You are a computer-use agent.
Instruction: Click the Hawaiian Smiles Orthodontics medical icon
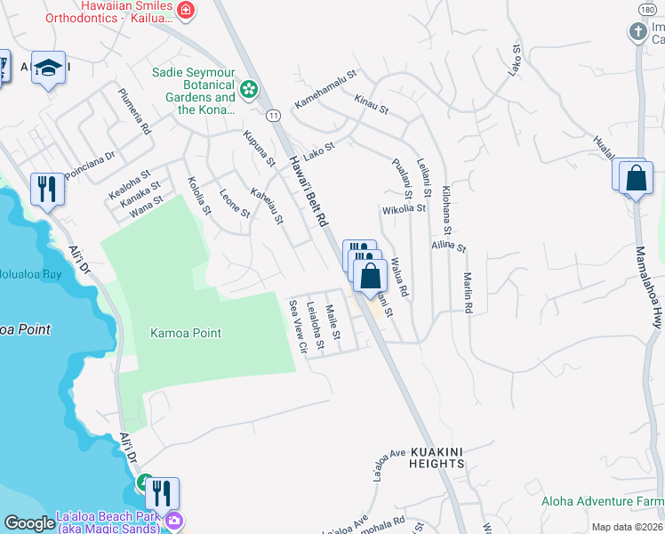pyautogui.click(x=186, y=11)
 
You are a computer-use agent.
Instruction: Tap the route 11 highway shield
pyautogui.click(x=273, y=115)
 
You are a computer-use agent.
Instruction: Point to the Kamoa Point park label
pyautogui.click(x=185, y=333)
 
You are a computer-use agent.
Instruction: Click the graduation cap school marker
pyautogui.click(x=48, y=69)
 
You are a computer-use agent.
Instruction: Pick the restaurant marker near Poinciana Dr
pyautogui.click(x=47, y=189)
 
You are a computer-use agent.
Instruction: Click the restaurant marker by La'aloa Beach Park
pyautogui.click(x=162, y=493)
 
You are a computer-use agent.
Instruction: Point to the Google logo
pyautogui.click(x=28, y=523)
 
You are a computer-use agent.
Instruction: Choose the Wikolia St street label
pyautogui.click(x=404, y=210)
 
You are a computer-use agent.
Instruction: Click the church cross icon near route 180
pyautogui.click(x=637, y=32)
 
